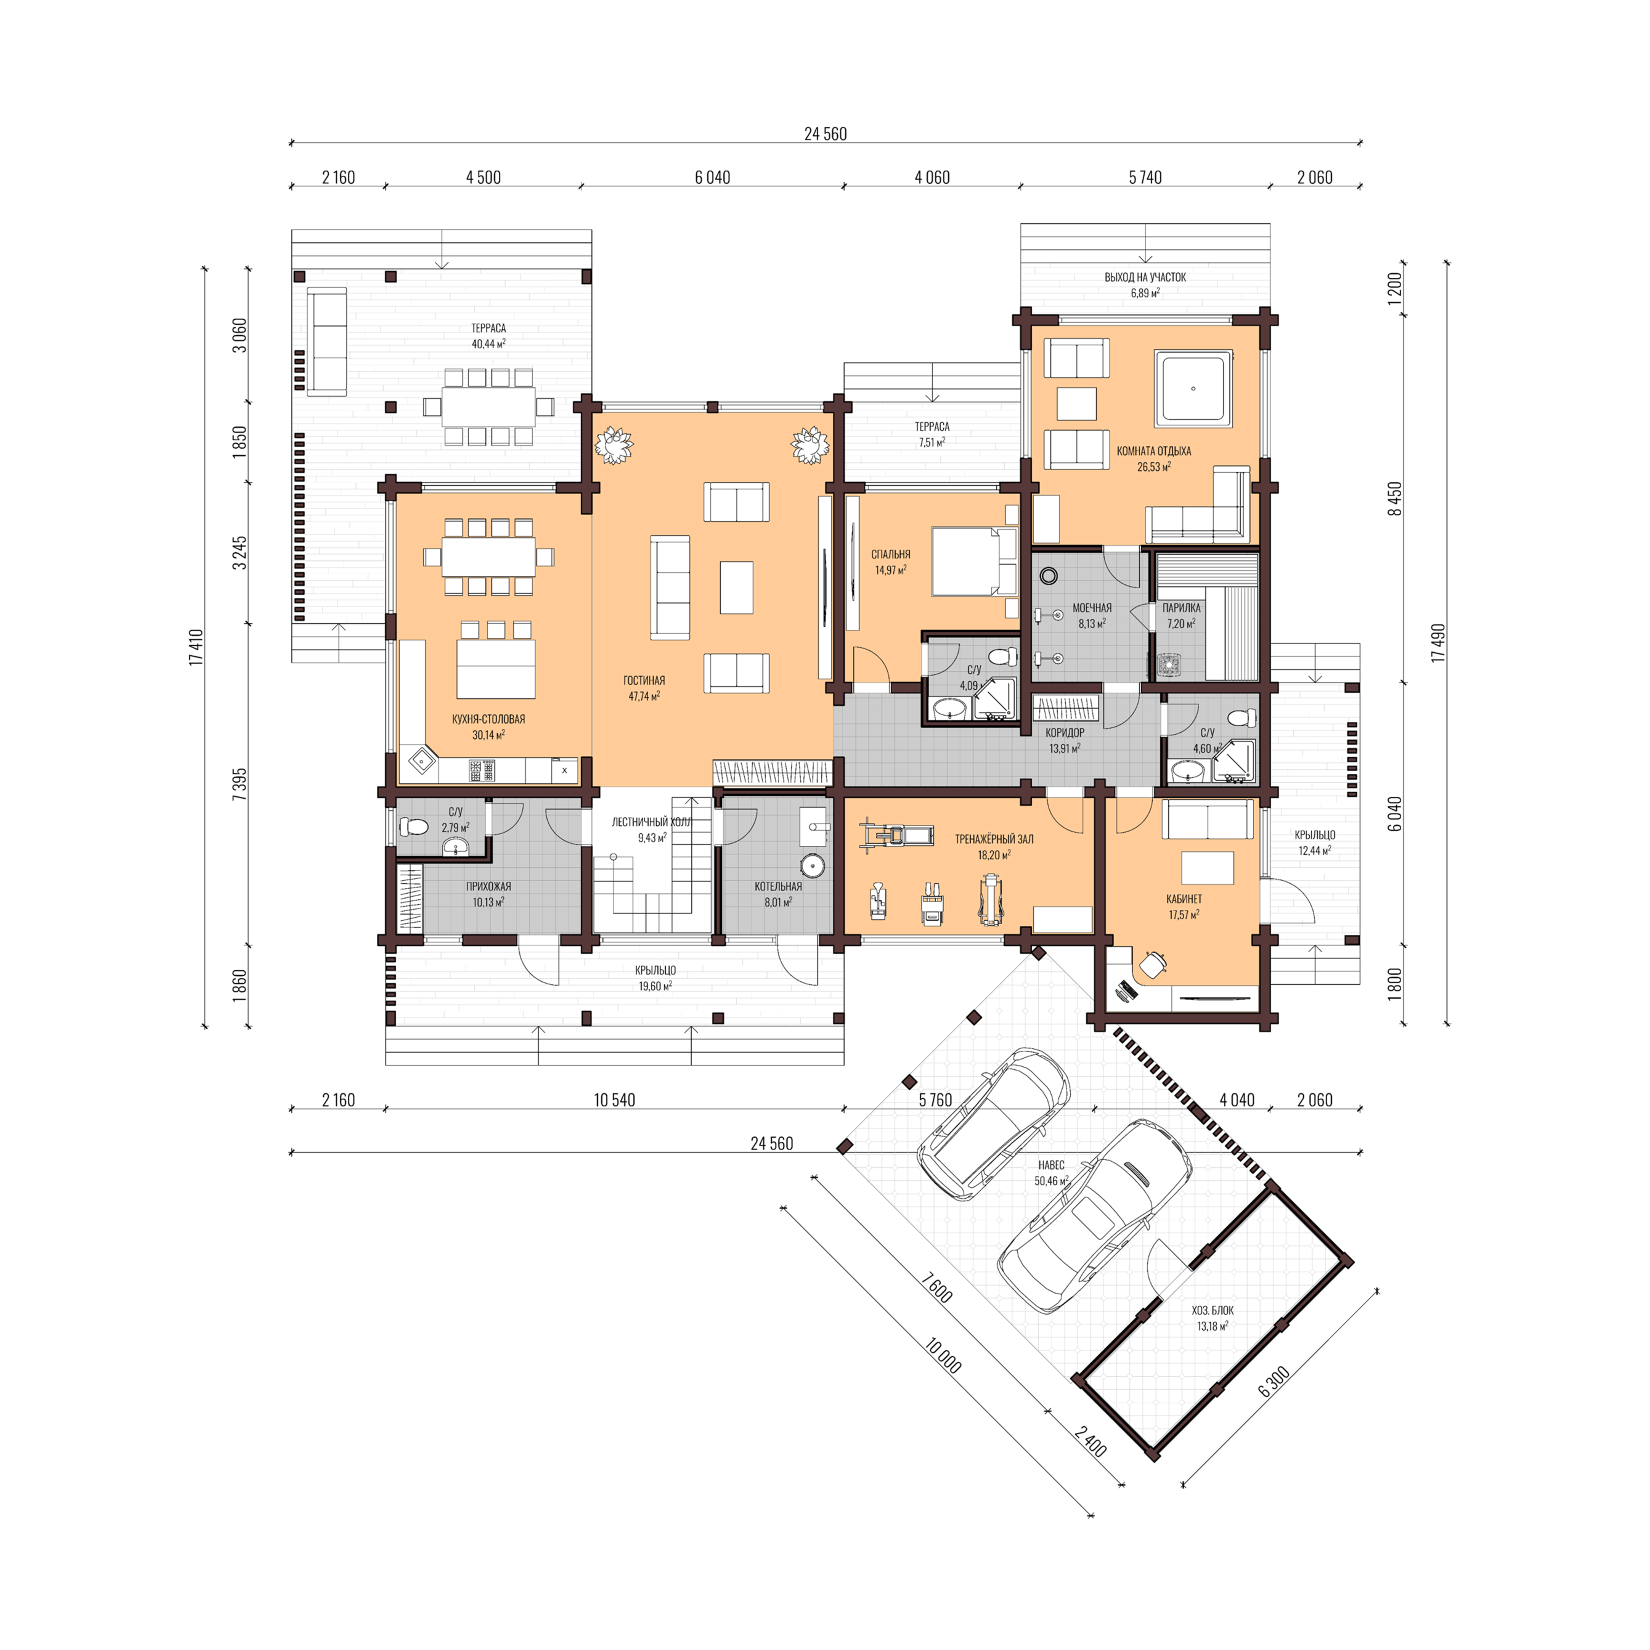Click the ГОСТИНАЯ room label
pyautogui.click(x=644, y=680)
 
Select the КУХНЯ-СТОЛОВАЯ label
pyautogui.click(x=488, y=719)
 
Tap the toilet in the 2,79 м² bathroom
pyautogui.click(x=415, y=826)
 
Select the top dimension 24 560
pyautogui.click(x=825, y=133)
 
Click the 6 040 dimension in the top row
pyautogui.click(x=712, y=177)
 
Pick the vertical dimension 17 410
pyautogui.click(x=197, y=647)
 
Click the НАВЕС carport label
pyautogui.click(x=1051, y=1165)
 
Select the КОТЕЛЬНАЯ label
pyautogui.click(x=778, y=886)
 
